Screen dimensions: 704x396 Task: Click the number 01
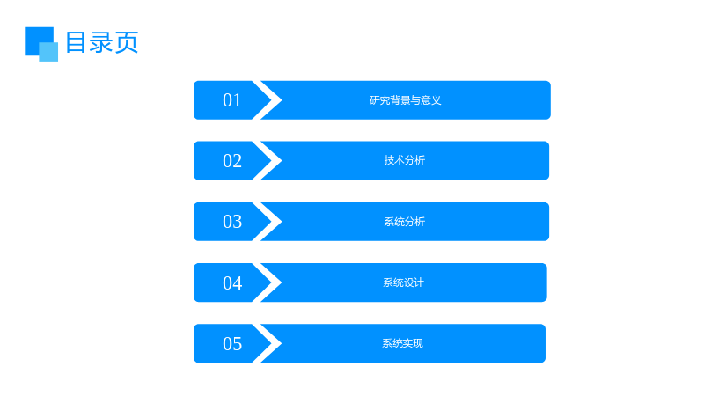click(x=232, y=100)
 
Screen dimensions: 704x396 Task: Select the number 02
click(x=232, y=161)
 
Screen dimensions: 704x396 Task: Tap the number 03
click(x=232, y=222)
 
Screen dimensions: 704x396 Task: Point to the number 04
click(x=232, y=282)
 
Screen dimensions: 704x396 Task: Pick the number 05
click(x=232, y=343)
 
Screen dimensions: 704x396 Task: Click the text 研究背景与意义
click(x=406, y=100)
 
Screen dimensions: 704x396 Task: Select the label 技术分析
click(x=405, y=160)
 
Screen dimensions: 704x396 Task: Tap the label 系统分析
click(x=405, y=222)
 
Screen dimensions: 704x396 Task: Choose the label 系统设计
click(x=403, y=282)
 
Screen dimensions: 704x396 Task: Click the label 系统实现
click(x=403, y=343)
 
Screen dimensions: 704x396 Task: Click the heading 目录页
click(x=102, y=42)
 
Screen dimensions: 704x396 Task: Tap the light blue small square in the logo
click(x=48, y=52)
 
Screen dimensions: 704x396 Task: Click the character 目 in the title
click(x=76, y=42)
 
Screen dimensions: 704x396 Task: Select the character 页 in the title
click(x=127, y=42)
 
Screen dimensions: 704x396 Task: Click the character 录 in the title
click(x=101, y=42)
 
